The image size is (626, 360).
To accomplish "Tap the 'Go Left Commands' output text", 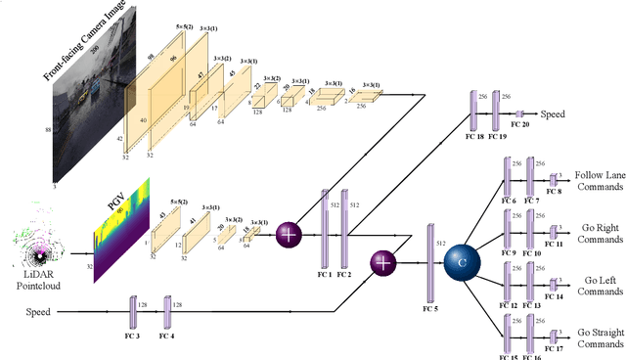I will (x=600, y=286).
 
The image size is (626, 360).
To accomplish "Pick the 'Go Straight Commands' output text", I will (x=600, y=338).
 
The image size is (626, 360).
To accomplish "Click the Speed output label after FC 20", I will (x=554, y=114).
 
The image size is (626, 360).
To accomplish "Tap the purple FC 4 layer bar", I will (x=166, y=312).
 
